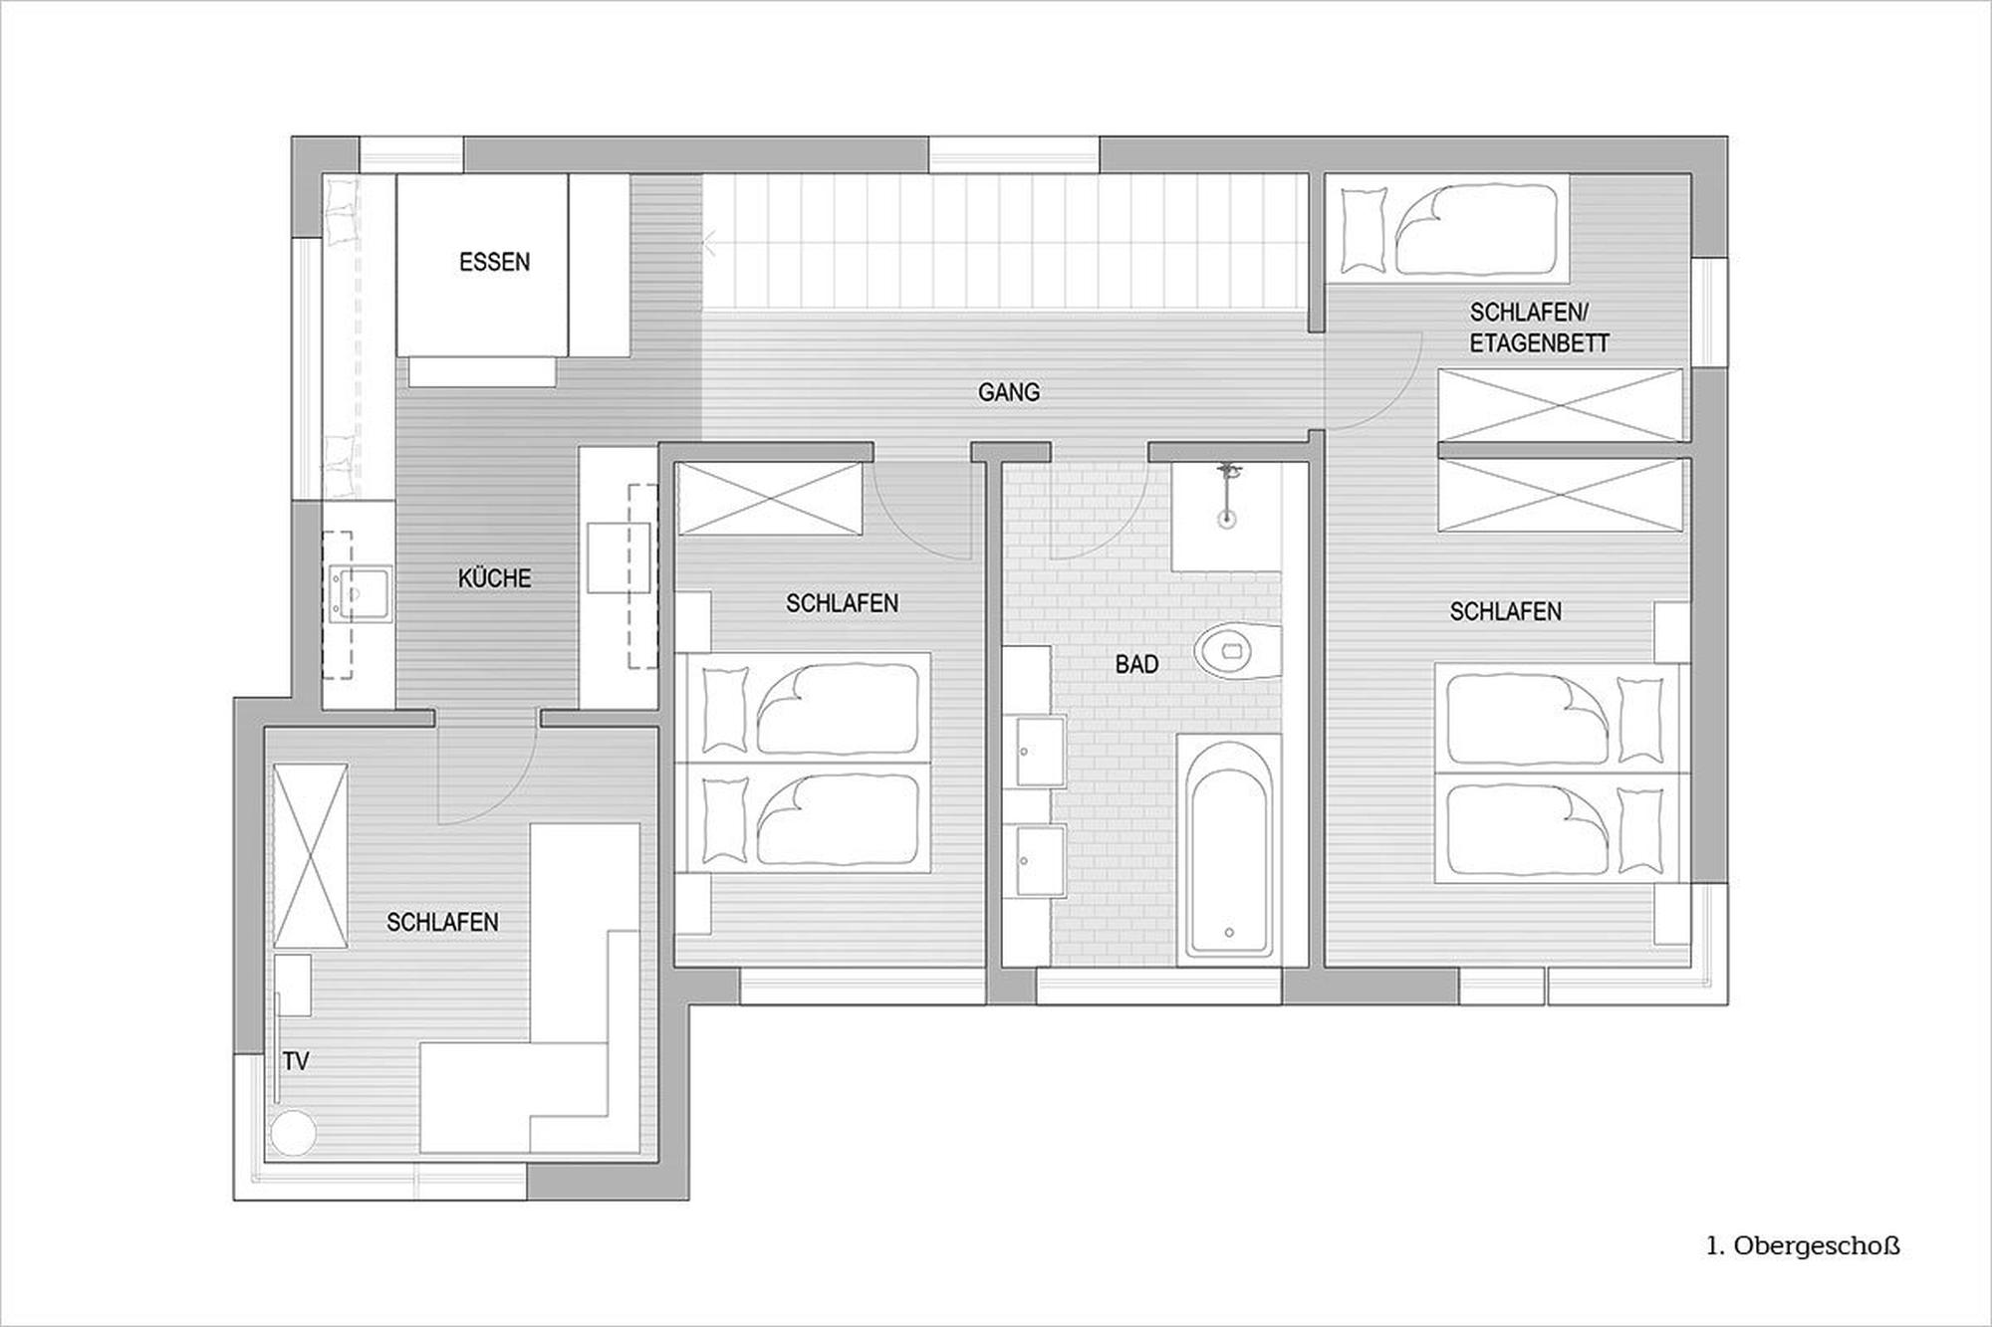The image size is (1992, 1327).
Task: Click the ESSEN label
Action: click(494, 262)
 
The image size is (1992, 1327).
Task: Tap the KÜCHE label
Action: click(494, 578)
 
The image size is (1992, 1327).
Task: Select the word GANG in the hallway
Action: click(1008, 392)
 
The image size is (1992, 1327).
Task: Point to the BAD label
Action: click(1136, 664)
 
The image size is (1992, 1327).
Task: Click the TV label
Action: click(295, 1062)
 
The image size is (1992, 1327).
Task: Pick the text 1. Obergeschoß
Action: click(1803, 1245)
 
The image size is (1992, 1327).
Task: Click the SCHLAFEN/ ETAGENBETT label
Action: click(1539, 328)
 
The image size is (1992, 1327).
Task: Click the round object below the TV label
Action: click(293, 1133)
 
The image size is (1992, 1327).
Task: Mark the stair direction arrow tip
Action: click(704, 243)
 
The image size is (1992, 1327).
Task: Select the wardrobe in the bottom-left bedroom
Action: click(311, 856)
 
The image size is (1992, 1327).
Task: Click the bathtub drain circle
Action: click(1229, 933)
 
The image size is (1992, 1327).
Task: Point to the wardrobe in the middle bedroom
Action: click(770, 499)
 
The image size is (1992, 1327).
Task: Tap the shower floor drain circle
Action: click(1230, 518)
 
